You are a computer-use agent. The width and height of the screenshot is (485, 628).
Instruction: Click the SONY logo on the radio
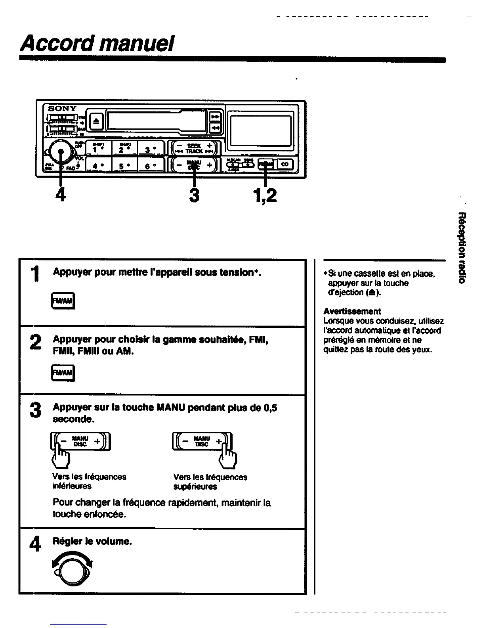pyautogui.click(x=62, y=108)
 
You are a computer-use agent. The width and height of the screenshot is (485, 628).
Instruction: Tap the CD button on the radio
pyautogui.click(x=285, y=164)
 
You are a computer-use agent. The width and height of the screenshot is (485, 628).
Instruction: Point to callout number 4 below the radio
pyautogui.click(x=60, y=195)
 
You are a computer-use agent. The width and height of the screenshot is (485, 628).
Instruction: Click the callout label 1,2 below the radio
pyautogui.click(x=264, y=195)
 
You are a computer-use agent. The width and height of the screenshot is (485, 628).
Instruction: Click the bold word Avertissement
pyautogui.click(x=352, y=311)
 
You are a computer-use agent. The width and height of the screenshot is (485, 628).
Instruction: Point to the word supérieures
pyautogui.click(x=195, y=486)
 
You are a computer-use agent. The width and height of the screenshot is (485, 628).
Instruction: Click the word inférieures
pyautogui.click(x=72, y=486)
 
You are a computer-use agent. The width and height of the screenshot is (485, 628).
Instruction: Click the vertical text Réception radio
pyautogui.click(x=461, y=248)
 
